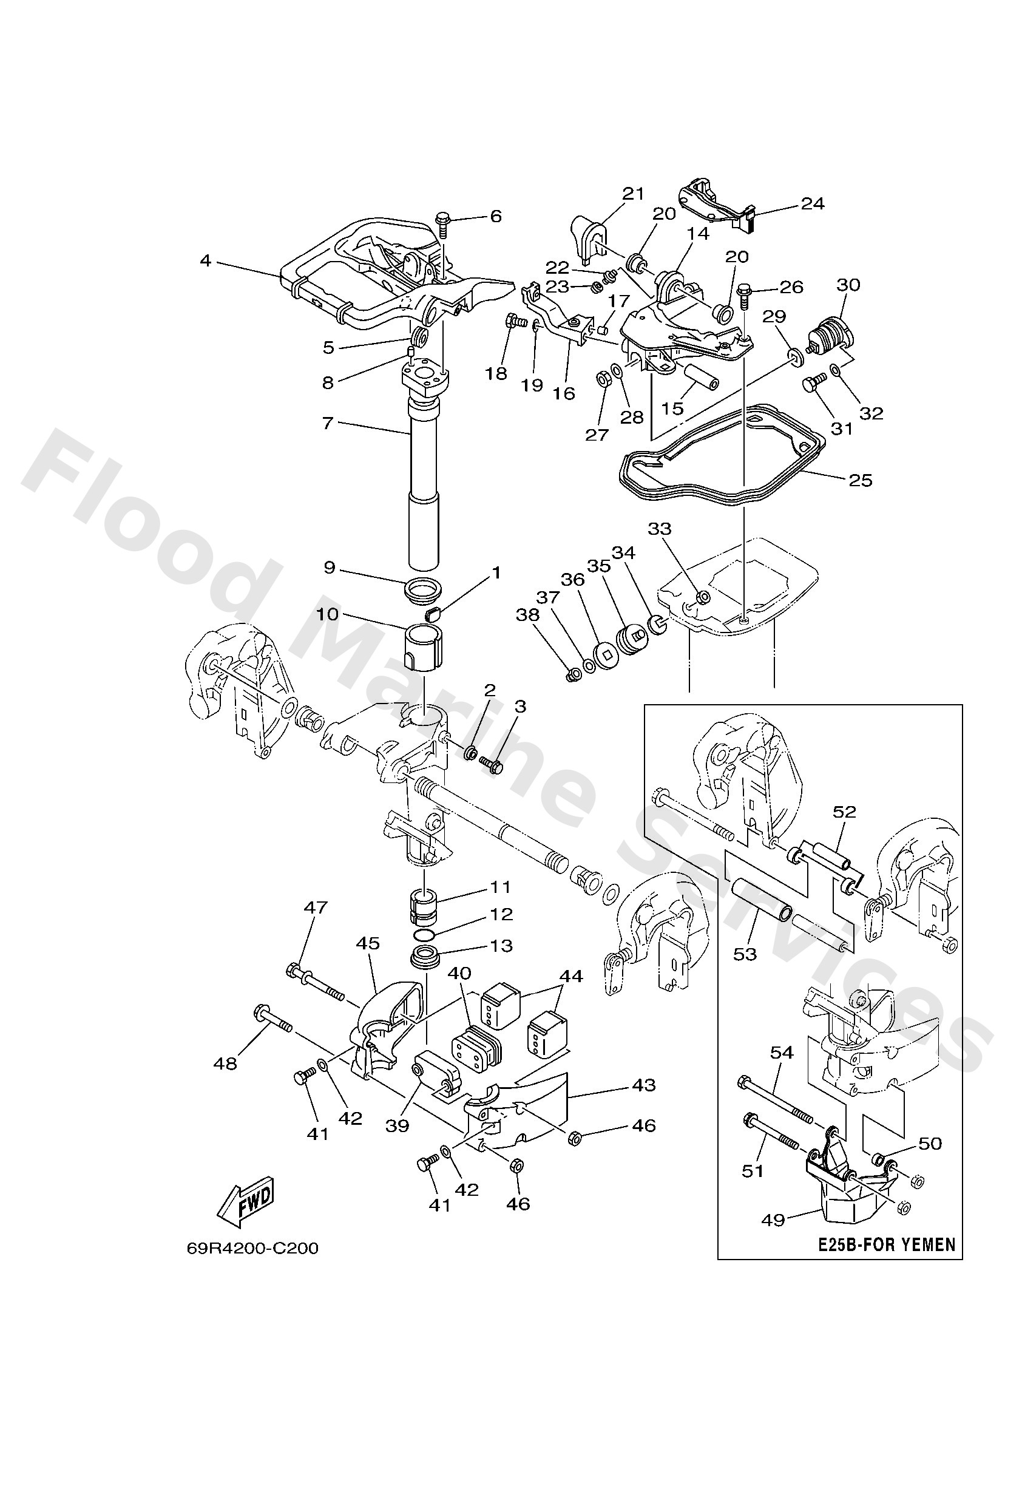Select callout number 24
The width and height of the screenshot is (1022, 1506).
tap(813, 203)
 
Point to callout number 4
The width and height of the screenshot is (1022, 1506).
tap(206, 260)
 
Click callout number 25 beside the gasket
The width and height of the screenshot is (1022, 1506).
tap(860, 480)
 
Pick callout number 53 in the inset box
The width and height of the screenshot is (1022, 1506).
tap(745, 955)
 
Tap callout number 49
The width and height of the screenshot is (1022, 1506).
tap(773, 1220)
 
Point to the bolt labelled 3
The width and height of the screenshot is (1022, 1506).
tap(492, 765)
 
